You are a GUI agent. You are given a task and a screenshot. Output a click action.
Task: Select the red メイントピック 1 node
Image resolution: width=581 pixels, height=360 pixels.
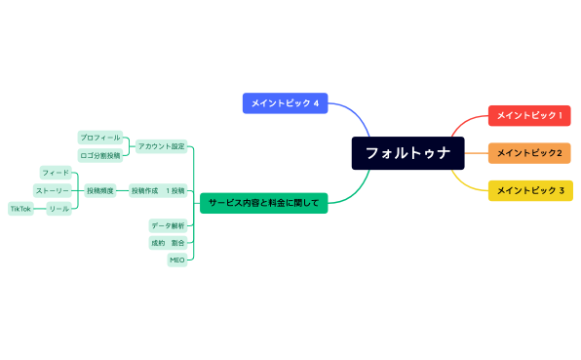click(529, 116)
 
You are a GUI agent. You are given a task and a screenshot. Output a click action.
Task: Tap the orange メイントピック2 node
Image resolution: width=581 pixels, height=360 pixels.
click(529, 152)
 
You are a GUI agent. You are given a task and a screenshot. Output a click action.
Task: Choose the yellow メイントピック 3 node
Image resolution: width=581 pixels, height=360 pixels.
click(529, 190)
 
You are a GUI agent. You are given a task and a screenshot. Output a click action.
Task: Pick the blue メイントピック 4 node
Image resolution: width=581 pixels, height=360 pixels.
click(285, 102)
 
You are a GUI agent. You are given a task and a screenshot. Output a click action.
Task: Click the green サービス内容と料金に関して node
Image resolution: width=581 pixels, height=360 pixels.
click(263, 204)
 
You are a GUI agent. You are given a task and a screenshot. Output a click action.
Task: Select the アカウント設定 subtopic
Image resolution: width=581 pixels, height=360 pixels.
click(161, 146)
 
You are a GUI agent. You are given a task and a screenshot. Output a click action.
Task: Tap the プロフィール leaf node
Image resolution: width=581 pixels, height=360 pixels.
click(100, 138)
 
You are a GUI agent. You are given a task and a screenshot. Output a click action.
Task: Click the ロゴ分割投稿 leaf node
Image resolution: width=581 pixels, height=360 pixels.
click(100, 155)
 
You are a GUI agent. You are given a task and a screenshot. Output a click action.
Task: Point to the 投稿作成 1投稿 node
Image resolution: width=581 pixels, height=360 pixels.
click(158, 190)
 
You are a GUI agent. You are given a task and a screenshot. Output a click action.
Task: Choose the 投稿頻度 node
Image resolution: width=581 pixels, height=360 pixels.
click(100, 190)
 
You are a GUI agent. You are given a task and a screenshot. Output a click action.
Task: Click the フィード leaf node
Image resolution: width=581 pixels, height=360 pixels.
click(55, 173)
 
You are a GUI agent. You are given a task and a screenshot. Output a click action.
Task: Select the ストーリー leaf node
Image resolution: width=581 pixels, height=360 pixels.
click(52, 190)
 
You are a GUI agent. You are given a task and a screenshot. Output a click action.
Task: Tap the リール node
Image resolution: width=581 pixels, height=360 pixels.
click(59, 209)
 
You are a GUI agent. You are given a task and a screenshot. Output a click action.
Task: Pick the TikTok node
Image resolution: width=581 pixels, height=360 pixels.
click(20, 209)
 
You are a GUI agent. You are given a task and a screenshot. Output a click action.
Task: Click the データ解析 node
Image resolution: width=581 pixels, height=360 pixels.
click(168, 225)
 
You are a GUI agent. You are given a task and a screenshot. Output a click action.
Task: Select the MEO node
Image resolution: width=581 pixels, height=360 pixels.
click(176, 260)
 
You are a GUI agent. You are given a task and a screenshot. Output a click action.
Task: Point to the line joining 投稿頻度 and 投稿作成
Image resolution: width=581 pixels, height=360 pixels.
click(122, 190)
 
